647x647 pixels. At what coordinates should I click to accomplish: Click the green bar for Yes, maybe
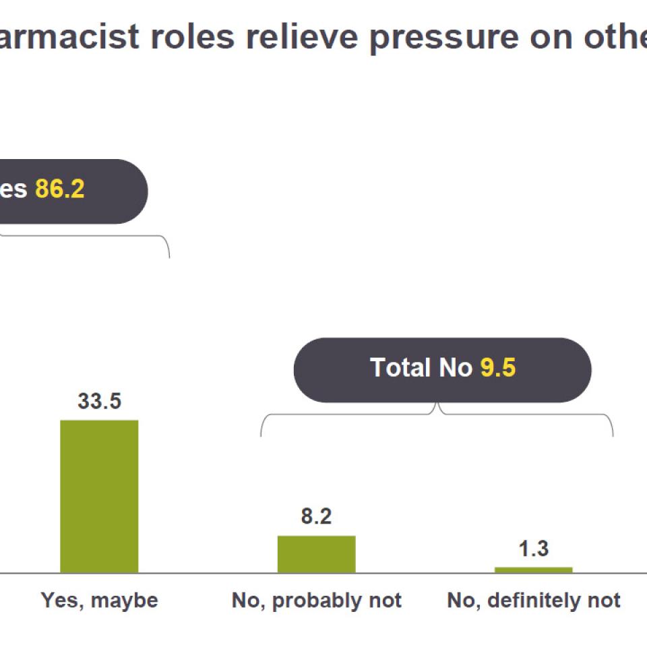point(99,496)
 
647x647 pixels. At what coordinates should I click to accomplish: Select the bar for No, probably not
point(316,554)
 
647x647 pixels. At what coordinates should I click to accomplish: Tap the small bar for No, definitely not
point(533,569)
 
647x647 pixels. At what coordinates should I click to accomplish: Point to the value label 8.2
point(316,518)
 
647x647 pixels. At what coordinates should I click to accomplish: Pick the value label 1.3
point(533,549)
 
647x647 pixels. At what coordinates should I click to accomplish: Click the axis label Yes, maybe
point(99,600)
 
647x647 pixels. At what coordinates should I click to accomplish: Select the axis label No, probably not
point(316,600)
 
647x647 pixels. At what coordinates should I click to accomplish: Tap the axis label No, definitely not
point(533,600)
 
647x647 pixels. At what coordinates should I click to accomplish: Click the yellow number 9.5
point(497,368)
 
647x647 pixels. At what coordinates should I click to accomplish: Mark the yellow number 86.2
point(59,189)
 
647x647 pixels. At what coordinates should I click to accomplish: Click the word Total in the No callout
point(401,368)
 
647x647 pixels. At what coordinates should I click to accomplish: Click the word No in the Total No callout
point(456,368)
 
